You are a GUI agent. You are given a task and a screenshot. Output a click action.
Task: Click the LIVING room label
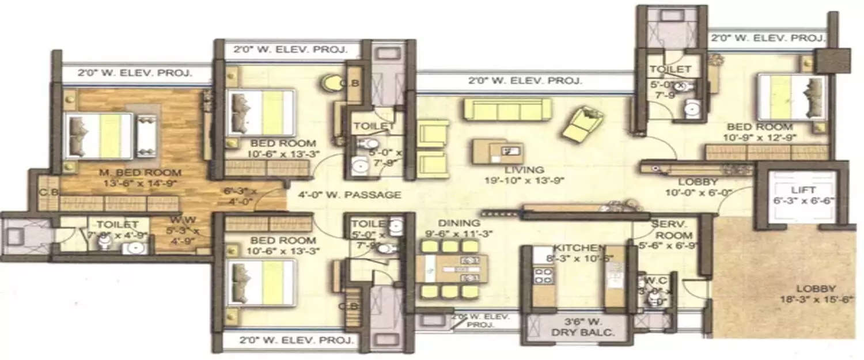point(523,170)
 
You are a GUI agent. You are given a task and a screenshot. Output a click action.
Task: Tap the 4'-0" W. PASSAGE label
point(350,195)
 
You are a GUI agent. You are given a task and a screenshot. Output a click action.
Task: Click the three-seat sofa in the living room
point(507,109)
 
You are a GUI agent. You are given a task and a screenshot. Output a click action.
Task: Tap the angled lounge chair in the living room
point(582,124)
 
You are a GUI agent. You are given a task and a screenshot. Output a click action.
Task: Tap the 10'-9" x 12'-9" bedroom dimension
point(759,138)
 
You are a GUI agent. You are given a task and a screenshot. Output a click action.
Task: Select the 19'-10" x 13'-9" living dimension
point(523,180)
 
